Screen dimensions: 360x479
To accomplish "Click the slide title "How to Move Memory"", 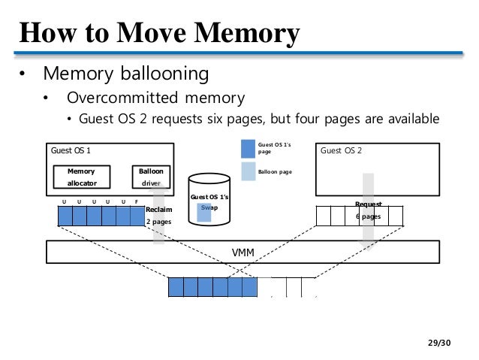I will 159,33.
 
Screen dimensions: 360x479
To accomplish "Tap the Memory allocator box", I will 82,177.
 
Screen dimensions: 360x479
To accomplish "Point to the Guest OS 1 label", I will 71,150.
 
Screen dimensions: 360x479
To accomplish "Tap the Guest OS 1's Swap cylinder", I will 209,200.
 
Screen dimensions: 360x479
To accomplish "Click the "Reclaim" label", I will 159,209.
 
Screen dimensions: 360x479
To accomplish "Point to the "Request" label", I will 368,204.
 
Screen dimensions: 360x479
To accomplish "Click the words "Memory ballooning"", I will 125,74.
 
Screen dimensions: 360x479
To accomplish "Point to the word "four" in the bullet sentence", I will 321,119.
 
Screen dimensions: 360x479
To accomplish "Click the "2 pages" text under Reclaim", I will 158,222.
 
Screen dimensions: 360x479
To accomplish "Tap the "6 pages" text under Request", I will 368,216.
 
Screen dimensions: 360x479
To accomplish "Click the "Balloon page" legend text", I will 275,172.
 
